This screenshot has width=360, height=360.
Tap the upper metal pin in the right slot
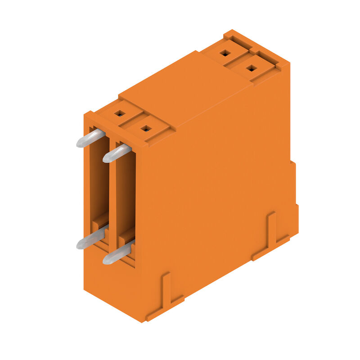(x=117, y=153)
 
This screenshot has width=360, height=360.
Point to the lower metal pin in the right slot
(x=118, y=253)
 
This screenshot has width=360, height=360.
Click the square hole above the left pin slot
(x=119, y=113)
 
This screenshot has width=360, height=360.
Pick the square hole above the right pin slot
(x=145, y=129)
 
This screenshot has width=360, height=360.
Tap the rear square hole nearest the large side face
(x=252, y=68)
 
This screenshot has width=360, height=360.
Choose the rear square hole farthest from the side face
(x=225, y=54)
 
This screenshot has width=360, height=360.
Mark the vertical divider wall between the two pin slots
(x=112, y=193)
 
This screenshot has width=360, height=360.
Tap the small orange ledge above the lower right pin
(x=127, y=234)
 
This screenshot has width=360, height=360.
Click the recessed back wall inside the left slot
(x=99, y=180)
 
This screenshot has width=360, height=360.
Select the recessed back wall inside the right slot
(x=126, y=193)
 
